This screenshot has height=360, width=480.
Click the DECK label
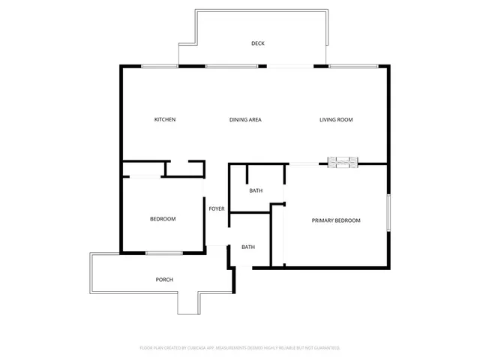point(258,43)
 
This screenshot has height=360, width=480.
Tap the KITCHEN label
point(165,120)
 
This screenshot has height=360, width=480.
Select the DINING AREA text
point(245,120)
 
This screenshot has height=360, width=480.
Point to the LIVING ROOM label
point(336,120)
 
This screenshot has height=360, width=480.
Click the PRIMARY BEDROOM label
point(336,220)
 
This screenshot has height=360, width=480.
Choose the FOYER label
point(217,208)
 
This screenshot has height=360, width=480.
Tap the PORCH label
point(164,280)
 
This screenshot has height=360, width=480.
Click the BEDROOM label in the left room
point(163,219)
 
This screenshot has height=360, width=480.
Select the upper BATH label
point(256,190)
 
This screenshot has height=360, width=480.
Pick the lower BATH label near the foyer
point(248,247)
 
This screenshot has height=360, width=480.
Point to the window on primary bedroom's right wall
point(388,213)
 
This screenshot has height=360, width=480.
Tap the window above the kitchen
point(160,67)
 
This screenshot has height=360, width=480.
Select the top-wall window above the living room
point(352,67)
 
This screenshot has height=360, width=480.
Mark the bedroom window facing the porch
point(164,253)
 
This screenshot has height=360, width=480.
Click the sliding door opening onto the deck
point(290,67)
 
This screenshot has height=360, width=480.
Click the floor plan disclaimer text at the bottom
point(240,348)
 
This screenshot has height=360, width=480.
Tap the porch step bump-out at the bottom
point(188,302)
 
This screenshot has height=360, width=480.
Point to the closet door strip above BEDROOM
point(145,176)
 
